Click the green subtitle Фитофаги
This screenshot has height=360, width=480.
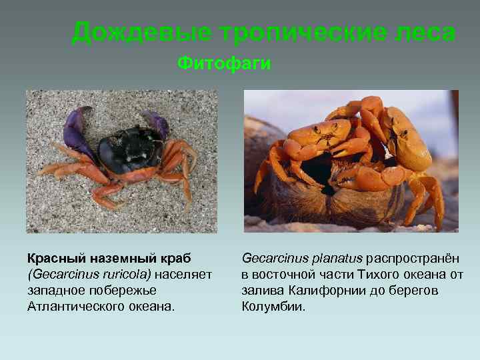[224, 63]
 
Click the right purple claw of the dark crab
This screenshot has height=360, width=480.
[157, 124]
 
